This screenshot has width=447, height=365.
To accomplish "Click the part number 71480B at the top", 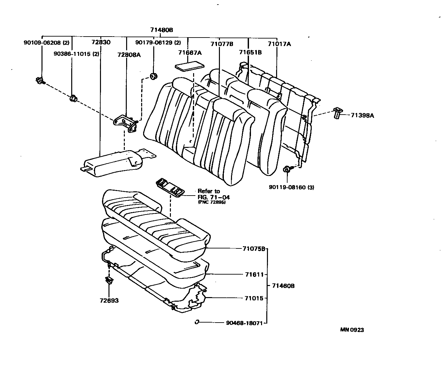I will [161, 30].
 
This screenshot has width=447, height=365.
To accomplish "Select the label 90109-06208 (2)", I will [46, 42].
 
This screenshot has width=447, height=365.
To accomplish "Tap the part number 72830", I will [101, 42].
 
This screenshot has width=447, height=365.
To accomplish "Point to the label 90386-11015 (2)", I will [76, 54].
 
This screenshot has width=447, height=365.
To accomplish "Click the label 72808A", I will [129, 55].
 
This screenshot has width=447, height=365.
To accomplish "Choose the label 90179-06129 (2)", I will [158, 42].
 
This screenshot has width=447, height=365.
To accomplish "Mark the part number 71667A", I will [190, 52].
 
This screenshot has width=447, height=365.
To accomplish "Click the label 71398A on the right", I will [362, 115].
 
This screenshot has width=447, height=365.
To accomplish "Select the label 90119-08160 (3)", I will [291, 187].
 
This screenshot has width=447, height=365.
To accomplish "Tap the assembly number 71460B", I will [283, 286].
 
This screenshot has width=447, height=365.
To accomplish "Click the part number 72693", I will [109, 300].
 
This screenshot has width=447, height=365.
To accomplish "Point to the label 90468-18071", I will [244, 323].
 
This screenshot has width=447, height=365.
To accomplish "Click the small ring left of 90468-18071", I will [197, 322].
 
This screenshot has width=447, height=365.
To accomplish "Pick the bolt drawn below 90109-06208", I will [40, 80].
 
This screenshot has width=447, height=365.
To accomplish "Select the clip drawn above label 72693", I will [109, 280].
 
